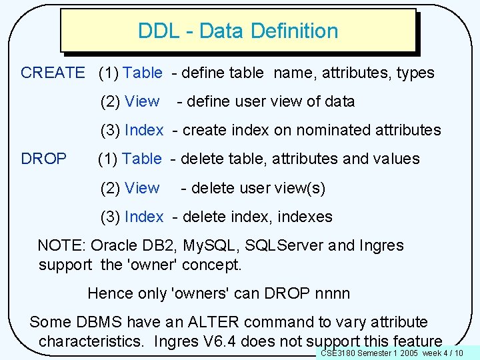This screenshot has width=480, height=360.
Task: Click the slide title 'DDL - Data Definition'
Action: (x=238, y=31)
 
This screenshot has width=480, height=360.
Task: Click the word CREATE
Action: (x=53, y=73)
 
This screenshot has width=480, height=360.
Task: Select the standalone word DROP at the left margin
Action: (x=44, y=159)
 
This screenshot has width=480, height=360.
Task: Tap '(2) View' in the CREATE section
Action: (x=130, y=101)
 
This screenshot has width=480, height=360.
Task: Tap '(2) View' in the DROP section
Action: (x=130, y=188)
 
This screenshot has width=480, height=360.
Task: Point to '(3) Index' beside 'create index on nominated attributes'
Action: (x=132, y=130)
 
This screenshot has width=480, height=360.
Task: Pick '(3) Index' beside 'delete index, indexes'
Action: (x=132, y=217)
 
